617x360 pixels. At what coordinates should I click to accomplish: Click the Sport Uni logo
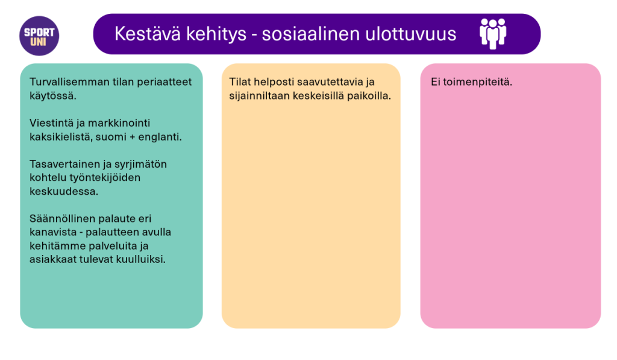point(39,36)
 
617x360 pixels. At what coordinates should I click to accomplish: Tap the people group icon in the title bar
point(492,34)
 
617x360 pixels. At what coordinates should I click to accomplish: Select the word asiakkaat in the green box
point(51,259)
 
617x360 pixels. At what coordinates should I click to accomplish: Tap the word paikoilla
point(369,96)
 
